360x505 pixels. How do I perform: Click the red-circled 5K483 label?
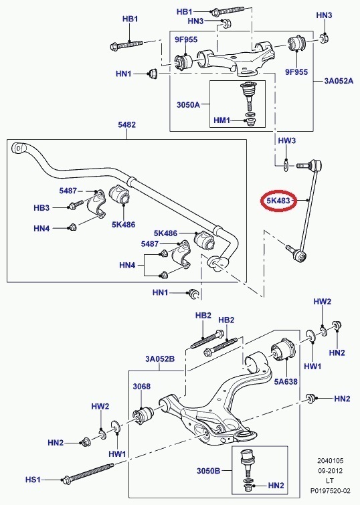(x=278, y=201)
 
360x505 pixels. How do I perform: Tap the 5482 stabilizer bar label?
(x=126, y=124)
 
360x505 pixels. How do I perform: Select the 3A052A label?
(x=339, y=80)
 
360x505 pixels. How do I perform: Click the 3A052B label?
(x=160, y=359)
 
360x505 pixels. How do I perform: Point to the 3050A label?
(x=188, y=104)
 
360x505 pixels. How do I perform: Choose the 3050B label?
(x=209, y=471)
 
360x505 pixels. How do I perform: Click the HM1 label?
(x=221, y=120)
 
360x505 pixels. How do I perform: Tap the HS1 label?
(x=33, y=480)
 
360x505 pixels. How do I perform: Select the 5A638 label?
(x=286, y=382)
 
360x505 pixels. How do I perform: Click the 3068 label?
(x=141, y=386)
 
